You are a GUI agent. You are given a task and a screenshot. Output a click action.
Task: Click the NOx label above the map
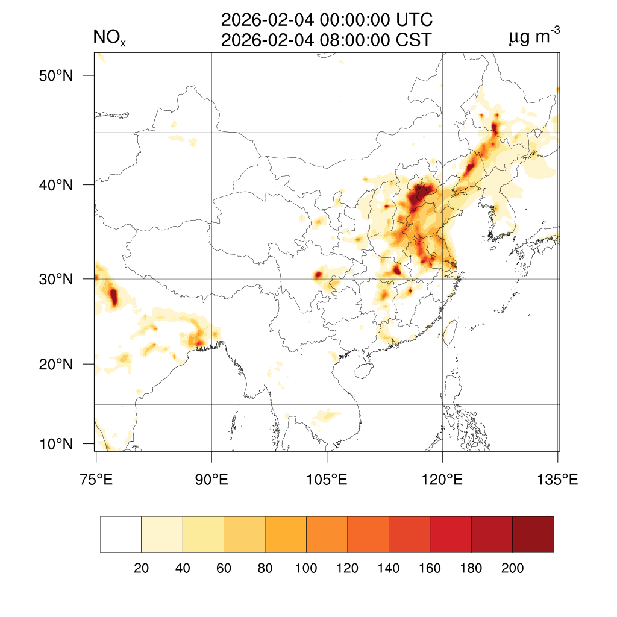point(109,39)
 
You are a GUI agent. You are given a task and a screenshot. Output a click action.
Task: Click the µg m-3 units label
point(534,38)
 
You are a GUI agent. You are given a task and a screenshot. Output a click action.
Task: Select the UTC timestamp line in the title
point(327,20)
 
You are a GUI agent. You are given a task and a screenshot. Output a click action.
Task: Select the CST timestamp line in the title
point(327,40)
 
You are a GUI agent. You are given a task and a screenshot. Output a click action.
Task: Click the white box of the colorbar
point(121,534)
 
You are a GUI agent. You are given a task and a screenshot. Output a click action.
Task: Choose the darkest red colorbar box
point(533,534)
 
